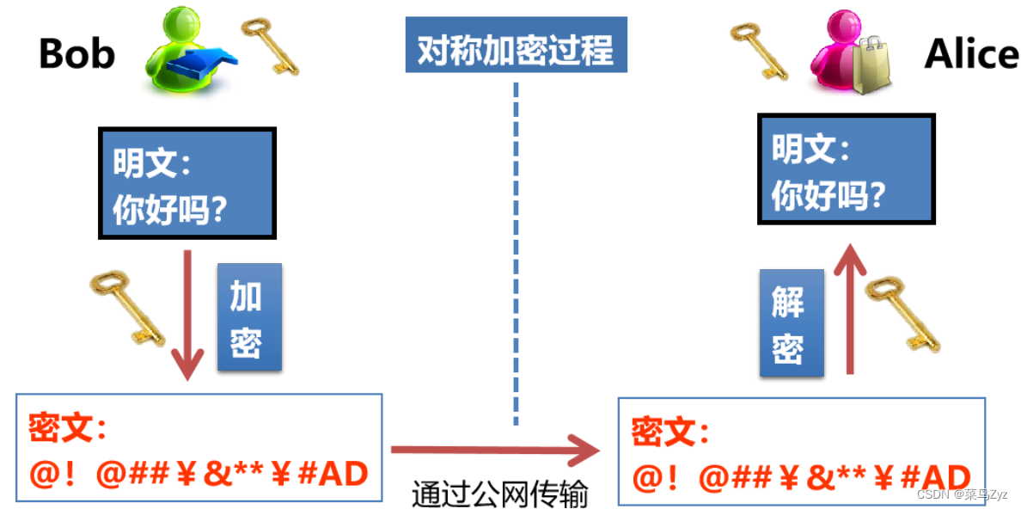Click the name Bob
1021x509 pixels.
point(76,53)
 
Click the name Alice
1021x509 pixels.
point(971,54)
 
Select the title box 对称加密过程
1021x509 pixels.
point(516,50)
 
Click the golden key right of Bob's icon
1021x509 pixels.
point(269,45)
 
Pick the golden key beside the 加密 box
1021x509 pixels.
point(127,306)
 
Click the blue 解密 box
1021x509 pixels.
point(791,322)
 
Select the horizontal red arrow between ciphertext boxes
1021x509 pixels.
point(495,449)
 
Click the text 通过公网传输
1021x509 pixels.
point(499,494)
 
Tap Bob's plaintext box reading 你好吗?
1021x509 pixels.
point(186,182)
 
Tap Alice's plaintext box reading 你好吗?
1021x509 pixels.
point(845,168)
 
